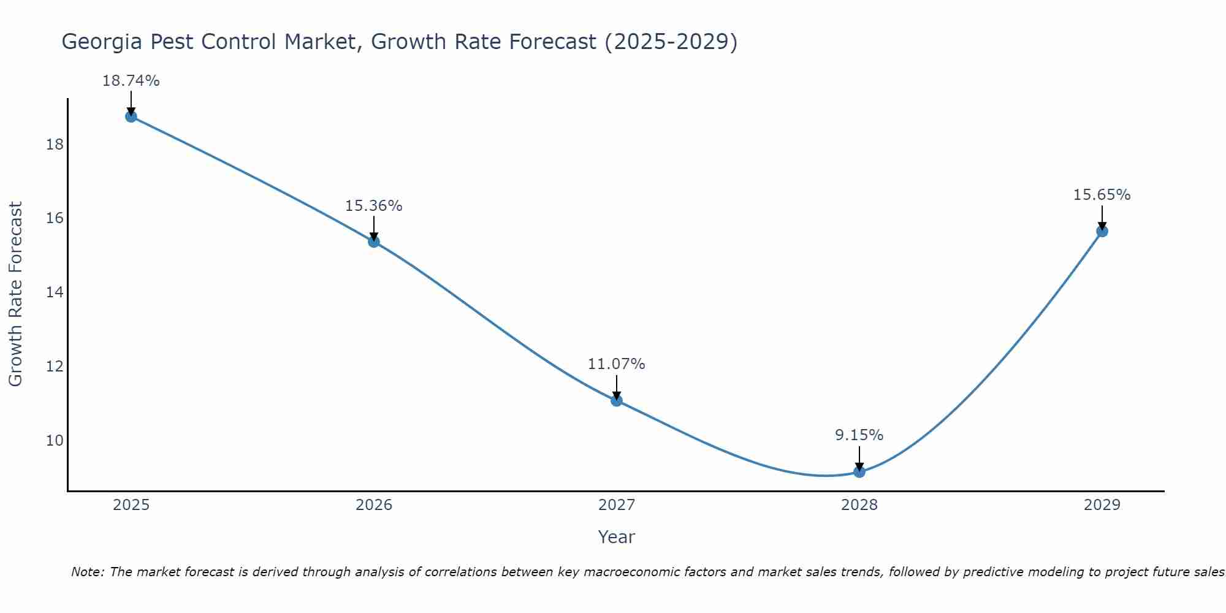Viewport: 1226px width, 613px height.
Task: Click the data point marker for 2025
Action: [x=131, y=116]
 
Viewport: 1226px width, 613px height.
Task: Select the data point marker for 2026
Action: [x=374, y=242]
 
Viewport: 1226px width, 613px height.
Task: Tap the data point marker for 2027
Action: [x=617, y=400]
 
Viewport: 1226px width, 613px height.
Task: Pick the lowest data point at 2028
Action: [x=859, y=471]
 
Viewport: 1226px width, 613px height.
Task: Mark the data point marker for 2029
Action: [x=1102, y=231]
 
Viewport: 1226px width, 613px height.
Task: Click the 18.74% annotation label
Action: [x=131, y=81]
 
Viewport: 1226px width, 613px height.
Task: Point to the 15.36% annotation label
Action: [x=374, y=206]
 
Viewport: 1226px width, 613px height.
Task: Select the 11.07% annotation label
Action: [x=617, y=364]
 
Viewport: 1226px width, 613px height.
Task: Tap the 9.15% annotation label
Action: [x=859, y=435]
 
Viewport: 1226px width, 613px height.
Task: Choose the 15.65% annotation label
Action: [x=1102, y=195]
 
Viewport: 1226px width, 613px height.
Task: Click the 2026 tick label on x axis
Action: [x=374, y=505]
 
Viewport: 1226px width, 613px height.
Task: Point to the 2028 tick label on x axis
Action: [x=859, y=505]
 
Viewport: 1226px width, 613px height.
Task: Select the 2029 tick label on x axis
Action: [x=1102, y=505]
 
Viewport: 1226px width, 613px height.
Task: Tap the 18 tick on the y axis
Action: [x=55, y=145]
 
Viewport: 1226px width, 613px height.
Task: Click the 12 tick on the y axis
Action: [x=55, y=367]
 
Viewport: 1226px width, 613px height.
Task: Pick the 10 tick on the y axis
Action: [x=55, y=441]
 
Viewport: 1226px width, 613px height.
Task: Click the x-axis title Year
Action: [x=617, y=537]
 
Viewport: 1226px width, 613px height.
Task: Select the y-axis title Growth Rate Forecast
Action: [x=16, y=294]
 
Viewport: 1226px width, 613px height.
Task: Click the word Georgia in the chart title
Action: [x=102, y=42]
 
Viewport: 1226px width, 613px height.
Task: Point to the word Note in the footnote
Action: [x=87, y=572]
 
